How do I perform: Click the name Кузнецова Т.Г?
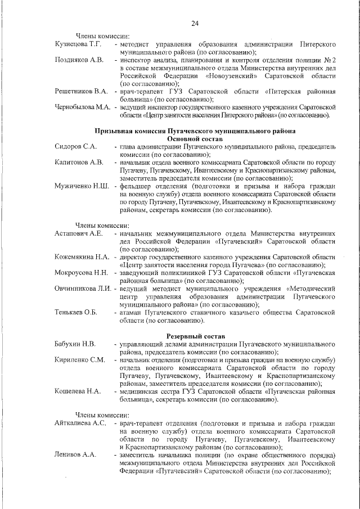(x=78, y=44)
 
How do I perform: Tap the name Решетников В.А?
(x=82, y=91)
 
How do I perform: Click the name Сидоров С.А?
(x=76, y=146)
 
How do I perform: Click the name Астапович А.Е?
(x=79, y=233)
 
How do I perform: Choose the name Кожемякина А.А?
(x=82, y=256)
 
